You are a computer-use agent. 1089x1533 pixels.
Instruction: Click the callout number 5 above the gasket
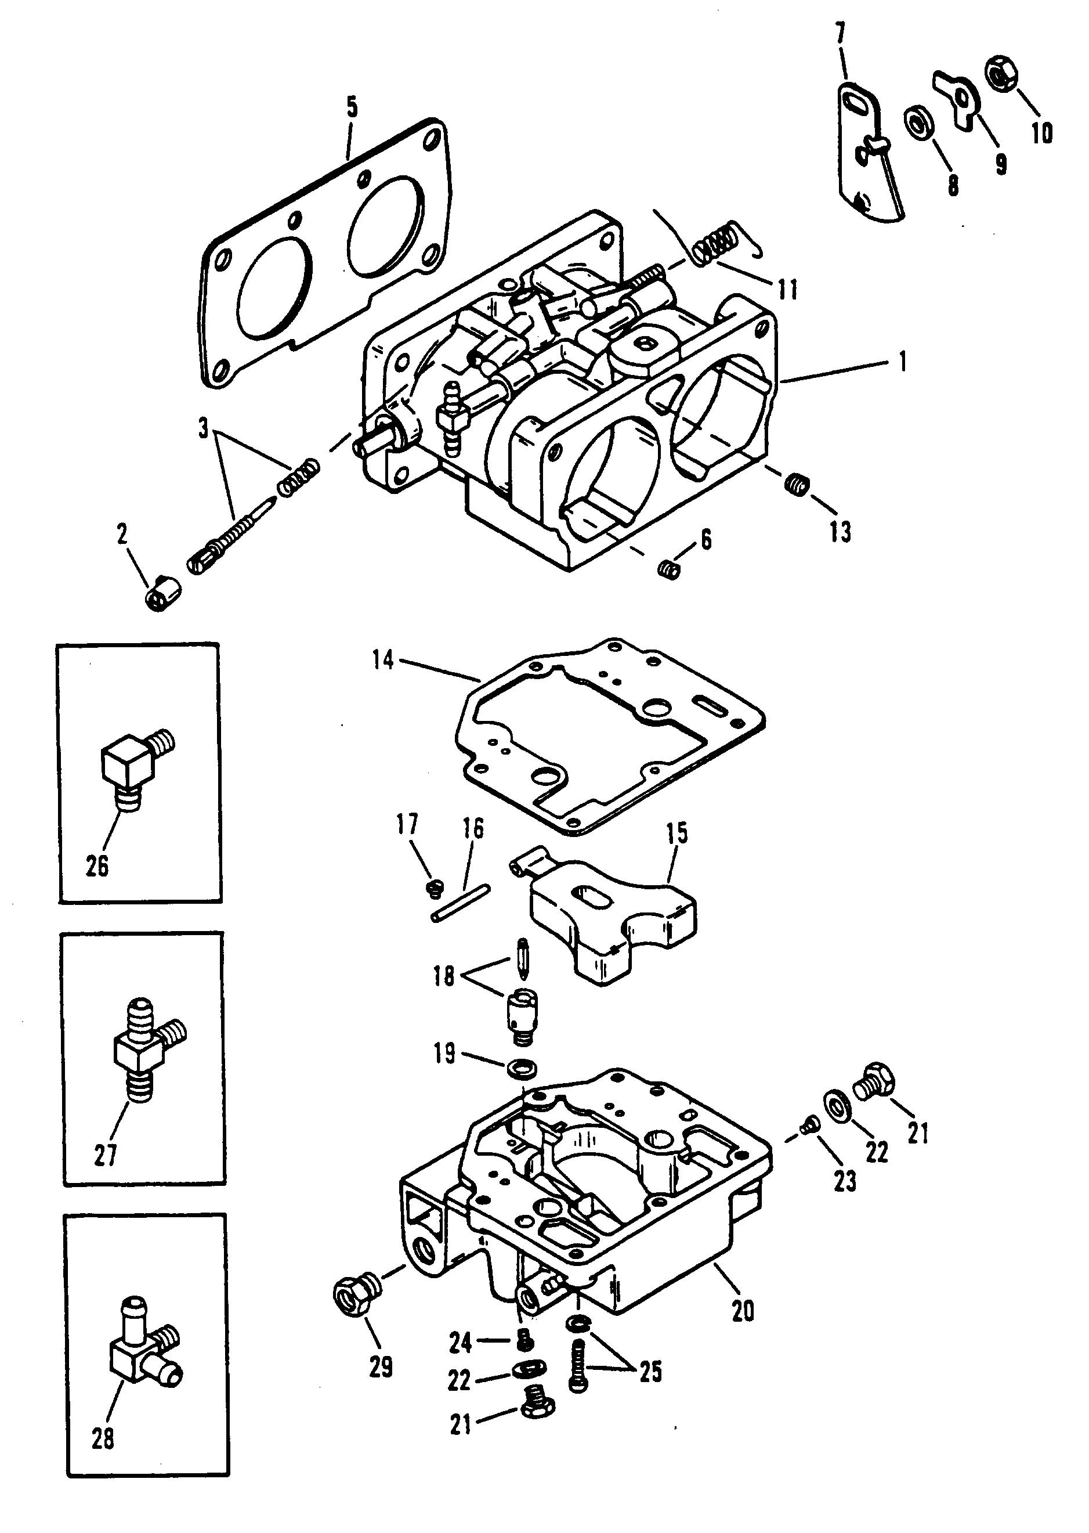352,107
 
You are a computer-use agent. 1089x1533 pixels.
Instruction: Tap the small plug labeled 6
668,569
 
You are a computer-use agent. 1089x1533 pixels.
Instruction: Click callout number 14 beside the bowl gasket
383,659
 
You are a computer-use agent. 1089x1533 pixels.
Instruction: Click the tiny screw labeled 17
435,888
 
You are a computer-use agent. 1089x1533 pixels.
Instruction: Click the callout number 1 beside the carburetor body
903,362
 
